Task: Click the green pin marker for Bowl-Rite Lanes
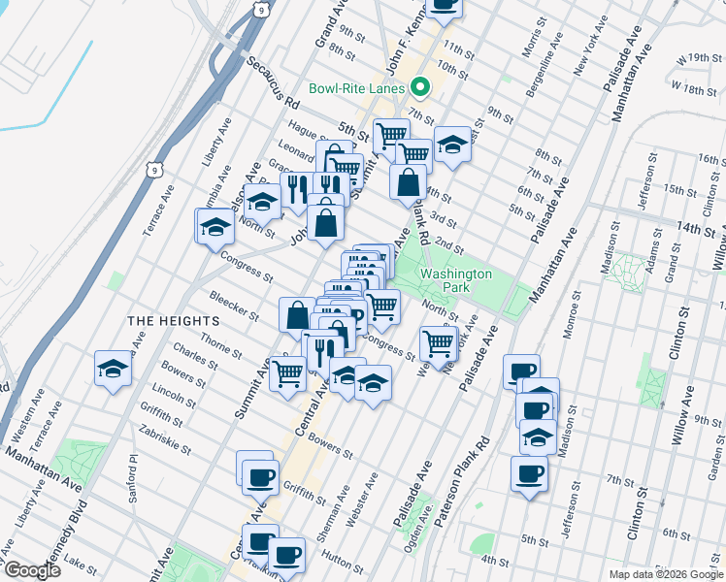point(420,87)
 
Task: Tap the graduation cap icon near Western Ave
point(113,370)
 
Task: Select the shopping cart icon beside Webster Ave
point(439,341)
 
